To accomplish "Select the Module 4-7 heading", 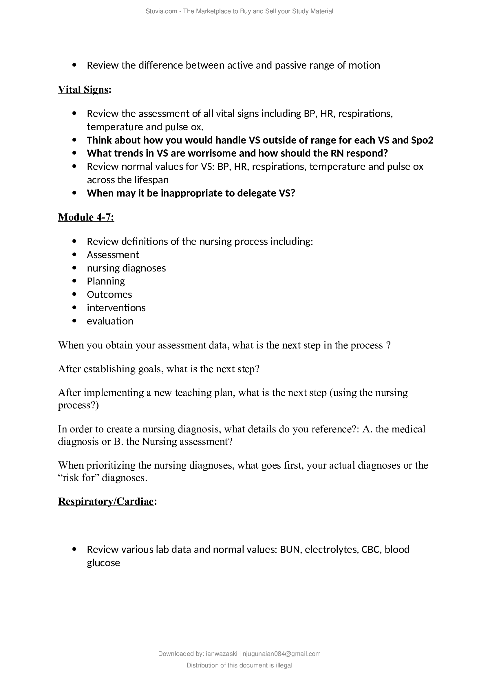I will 86,217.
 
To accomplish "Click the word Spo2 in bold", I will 422,140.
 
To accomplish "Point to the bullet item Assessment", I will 113,255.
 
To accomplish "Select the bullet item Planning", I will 106,281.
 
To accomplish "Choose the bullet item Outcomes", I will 109,295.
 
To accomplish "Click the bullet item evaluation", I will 110,321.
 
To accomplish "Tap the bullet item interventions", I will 116,308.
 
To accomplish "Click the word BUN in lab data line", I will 290,550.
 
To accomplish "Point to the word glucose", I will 103,563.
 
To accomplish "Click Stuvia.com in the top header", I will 161,11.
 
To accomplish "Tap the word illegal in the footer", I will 284,665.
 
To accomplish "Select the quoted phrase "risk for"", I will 78,478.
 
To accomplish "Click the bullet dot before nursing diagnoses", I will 74,268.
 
